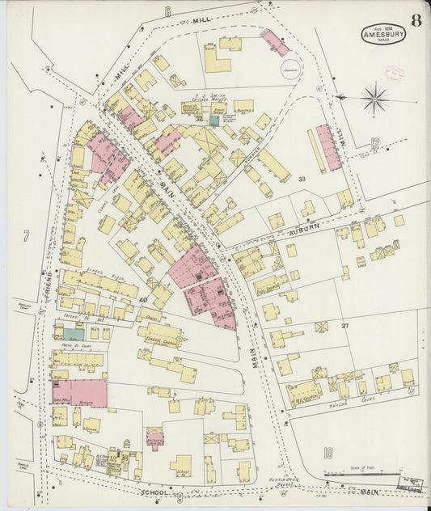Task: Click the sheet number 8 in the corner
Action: [415, 20]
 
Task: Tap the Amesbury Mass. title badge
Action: [383, 34]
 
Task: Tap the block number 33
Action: [302, 179]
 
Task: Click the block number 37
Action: [344, 326]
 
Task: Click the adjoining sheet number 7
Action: [26, 236]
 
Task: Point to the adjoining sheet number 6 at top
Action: [168, 11]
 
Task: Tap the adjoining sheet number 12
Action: [374, 144]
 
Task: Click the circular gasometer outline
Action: [289, 71]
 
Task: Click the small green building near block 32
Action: [213, 120]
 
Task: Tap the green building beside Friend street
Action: [73, 334]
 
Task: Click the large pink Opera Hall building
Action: [79, 393]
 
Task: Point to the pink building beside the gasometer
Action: [275, 43]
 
